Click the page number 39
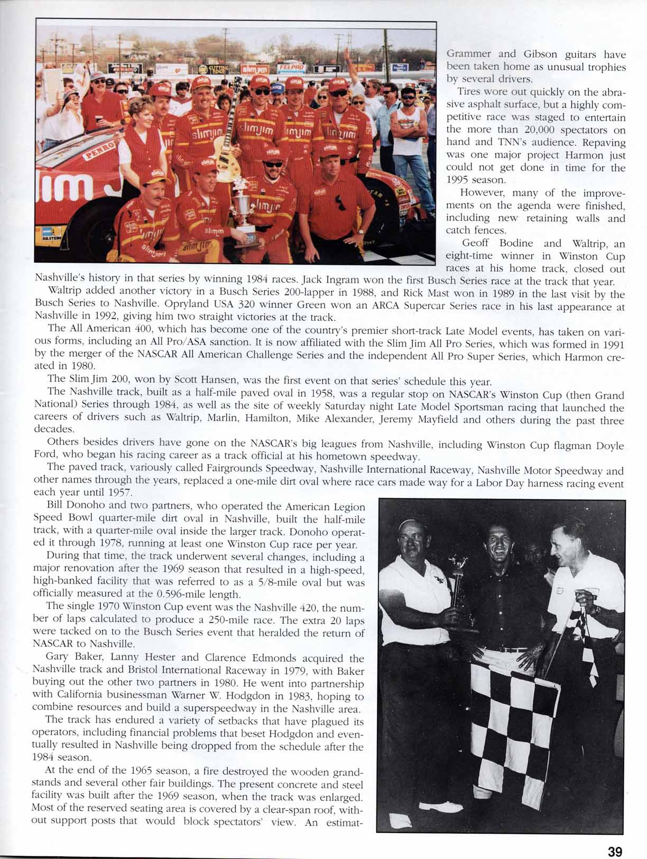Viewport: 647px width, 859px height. tap(615, 837)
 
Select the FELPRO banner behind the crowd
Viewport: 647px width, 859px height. tap(291, 68)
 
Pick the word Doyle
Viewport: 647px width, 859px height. tap(610, 445)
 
